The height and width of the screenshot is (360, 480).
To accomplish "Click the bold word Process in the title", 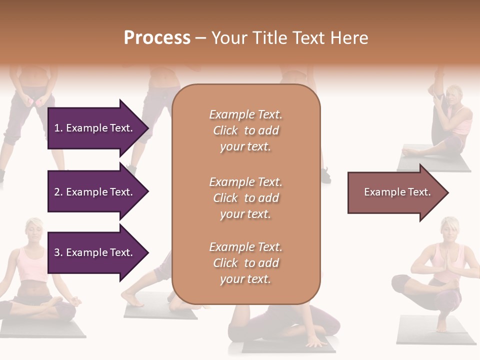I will [157, 38].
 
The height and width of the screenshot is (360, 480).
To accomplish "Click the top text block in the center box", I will [245, 130].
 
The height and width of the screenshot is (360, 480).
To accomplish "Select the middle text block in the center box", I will [245, 198].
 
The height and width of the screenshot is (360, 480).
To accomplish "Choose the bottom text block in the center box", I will [245, 263].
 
